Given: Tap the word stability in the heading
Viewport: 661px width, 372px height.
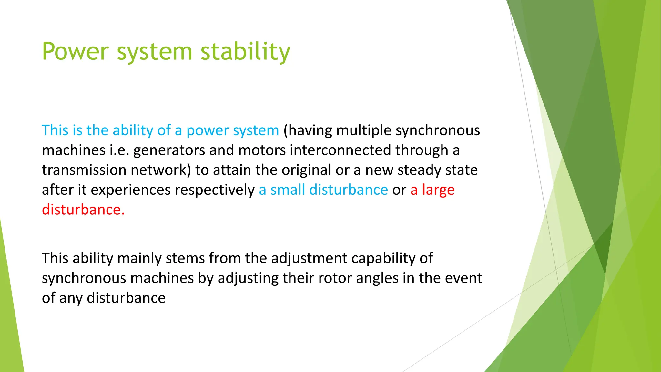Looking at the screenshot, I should coord(245,52).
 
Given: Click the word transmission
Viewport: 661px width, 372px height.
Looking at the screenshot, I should coord(84,170).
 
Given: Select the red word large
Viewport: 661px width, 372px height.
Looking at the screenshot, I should coord(438,190).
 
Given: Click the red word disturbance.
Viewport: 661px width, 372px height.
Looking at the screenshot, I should coord(83,210).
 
